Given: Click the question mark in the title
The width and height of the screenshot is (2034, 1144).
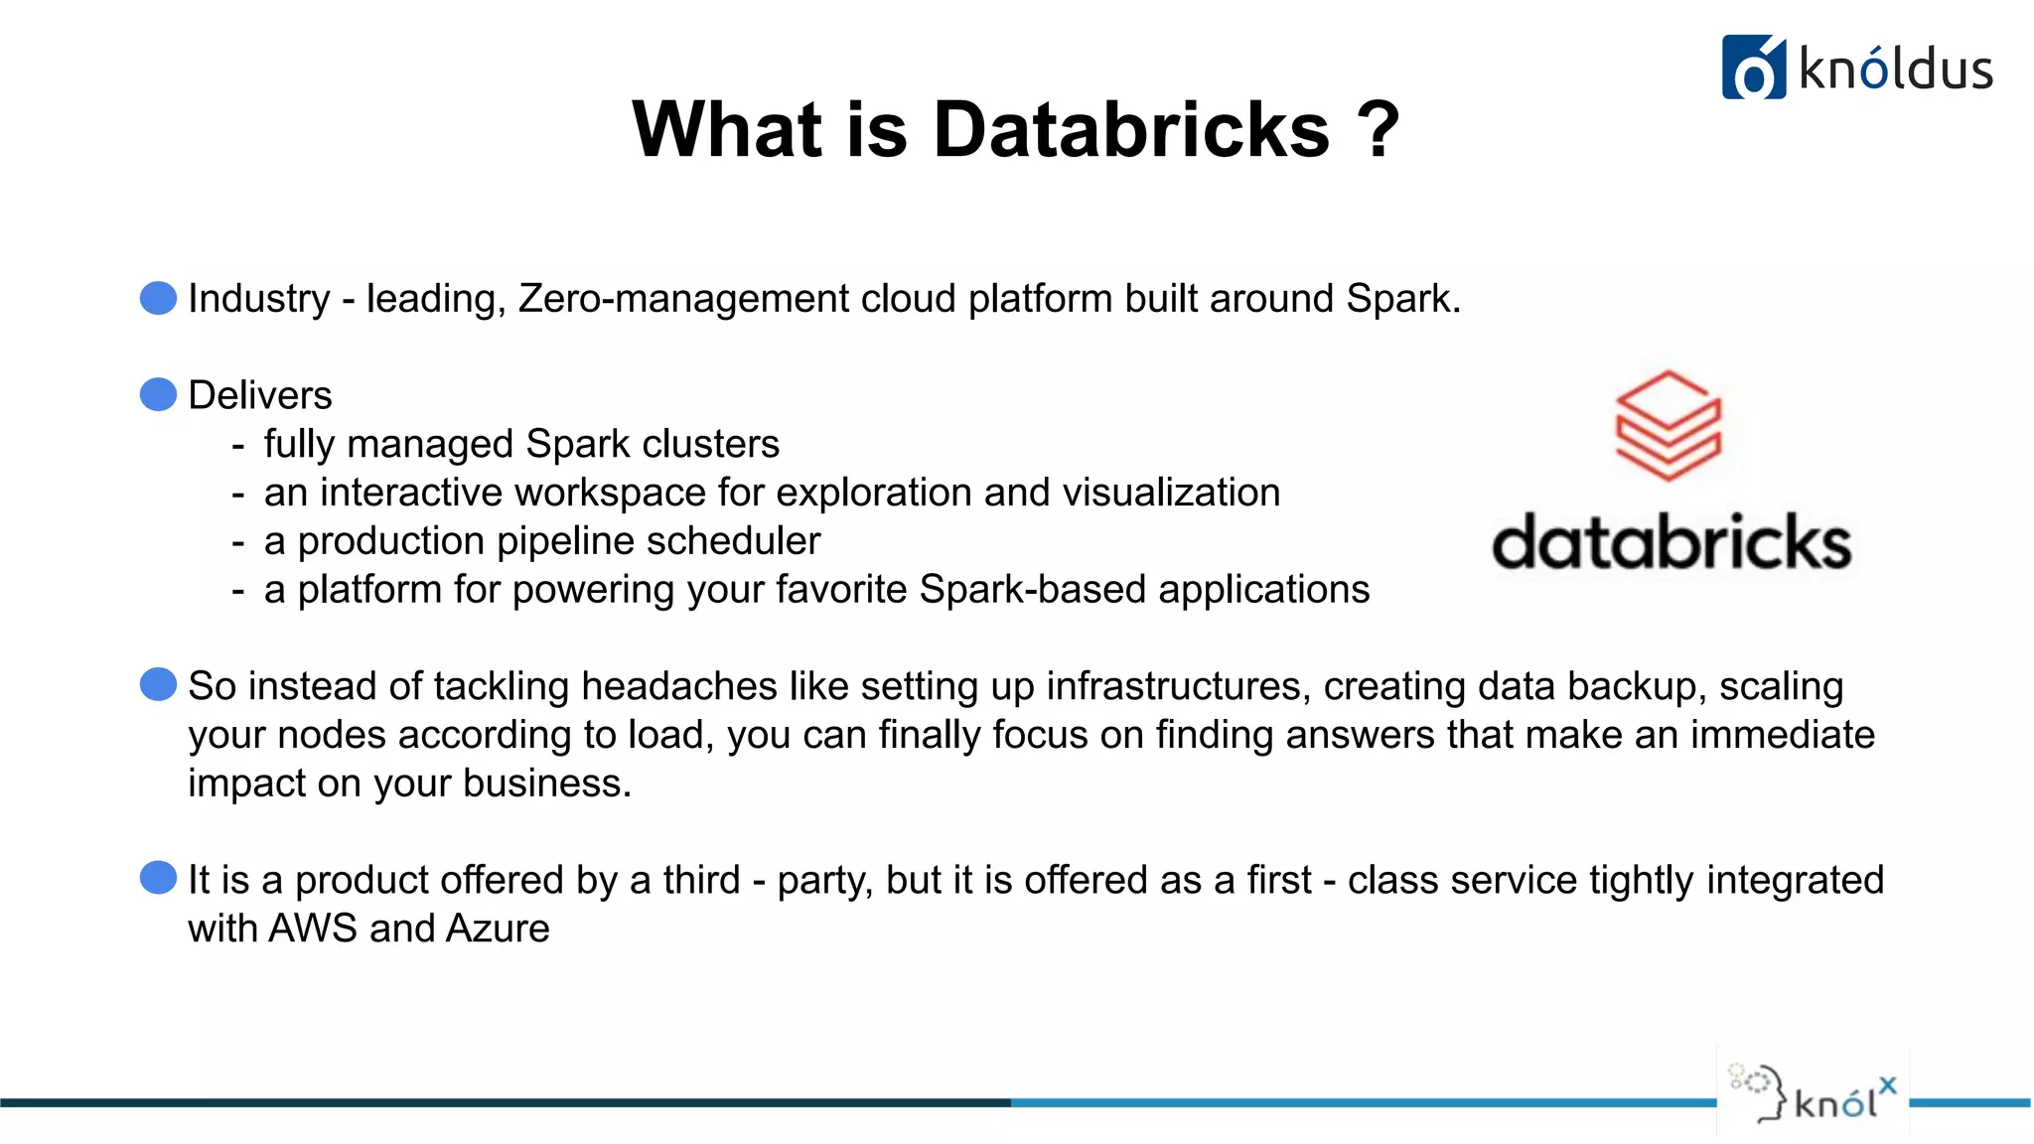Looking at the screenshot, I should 1378,130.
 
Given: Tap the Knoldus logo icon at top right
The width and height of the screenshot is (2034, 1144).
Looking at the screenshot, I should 1753,68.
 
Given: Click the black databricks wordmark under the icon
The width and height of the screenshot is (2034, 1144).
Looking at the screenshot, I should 1671,542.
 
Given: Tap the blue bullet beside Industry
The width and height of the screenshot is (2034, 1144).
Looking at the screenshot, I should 159,298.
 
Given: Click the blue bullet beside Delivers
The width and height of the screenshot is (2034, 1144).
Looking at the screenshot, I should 159,394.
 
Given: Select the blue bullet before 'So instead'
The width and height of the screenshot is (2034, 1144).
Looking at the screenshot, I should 159,684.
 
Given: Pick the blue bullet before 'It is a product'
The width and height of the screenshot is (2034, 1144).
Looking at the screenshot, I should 159,878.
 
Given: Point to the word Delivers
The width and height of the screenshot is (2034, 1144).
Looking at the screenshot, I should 260,395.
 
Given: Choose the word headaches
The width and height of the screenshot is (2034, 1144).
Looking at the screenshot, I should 679,686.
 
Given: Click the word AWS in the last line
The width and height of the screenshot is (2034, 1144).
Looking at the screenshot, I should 313,929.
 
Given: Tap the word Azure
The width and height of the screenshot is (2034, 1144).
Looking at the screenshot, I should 498,929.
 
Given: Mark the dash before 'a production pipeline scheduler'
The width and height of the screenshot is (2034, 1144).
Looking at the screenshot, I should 238,542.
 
